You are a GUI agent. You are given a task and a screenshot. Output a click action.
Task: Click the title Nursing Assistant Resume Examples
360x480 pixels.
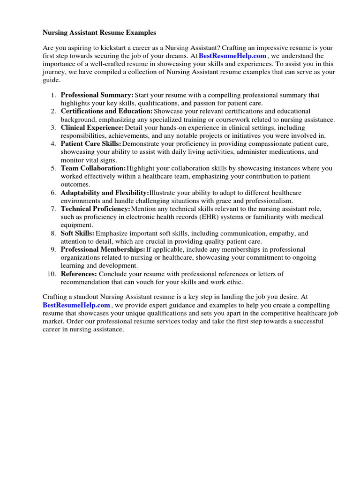click(x=99, y=33)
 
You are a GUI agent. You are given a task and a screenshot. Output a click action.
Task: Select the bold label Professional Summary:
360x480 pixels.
click(x=97, y=95)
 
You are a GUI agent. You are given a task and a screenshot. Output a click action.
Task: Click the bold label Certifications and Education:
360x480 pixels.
click(x=106, y=111)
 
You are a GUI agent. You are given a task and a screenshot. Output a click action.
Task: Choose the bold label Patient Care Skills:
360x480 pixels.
click(x=91, y=143)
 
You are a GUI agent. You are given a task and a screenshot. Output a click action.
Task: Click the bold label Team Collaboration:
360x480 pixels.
click(x=93, y=168)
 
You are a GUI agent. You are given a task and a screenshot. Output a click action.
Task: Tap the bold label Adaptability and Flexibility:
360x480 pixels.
click(x=105, y=193)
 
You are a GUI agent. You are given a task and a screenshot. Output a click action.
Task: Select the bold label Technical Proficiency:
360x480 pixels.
click(x=96, y=209)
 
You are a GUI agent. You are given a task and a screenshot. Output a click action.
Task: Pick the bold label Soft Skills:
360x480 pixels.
click(x=77, y=233)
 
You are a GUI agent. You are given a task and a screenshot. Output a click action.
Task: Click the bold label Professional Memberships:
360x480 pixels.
click(x=103, y=249)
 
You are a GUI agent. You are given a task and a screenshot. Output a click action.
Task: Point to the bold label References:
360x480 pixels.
click(x=79, y=274)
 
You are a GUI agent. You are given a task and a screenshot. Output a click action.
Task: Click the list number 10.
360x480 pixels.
click(x=52, y=274)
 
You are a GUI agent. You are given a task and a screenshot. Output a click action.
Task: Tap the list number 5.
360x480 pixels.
click(x=53, y=168)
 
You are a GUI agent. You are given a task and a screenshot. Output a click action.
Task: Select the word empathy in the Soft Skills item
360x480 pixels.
click(x=283, y=233)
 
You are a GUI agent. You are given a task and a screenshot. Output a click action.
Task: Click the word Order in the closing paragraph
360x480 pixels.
click(x=75, y=321)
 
